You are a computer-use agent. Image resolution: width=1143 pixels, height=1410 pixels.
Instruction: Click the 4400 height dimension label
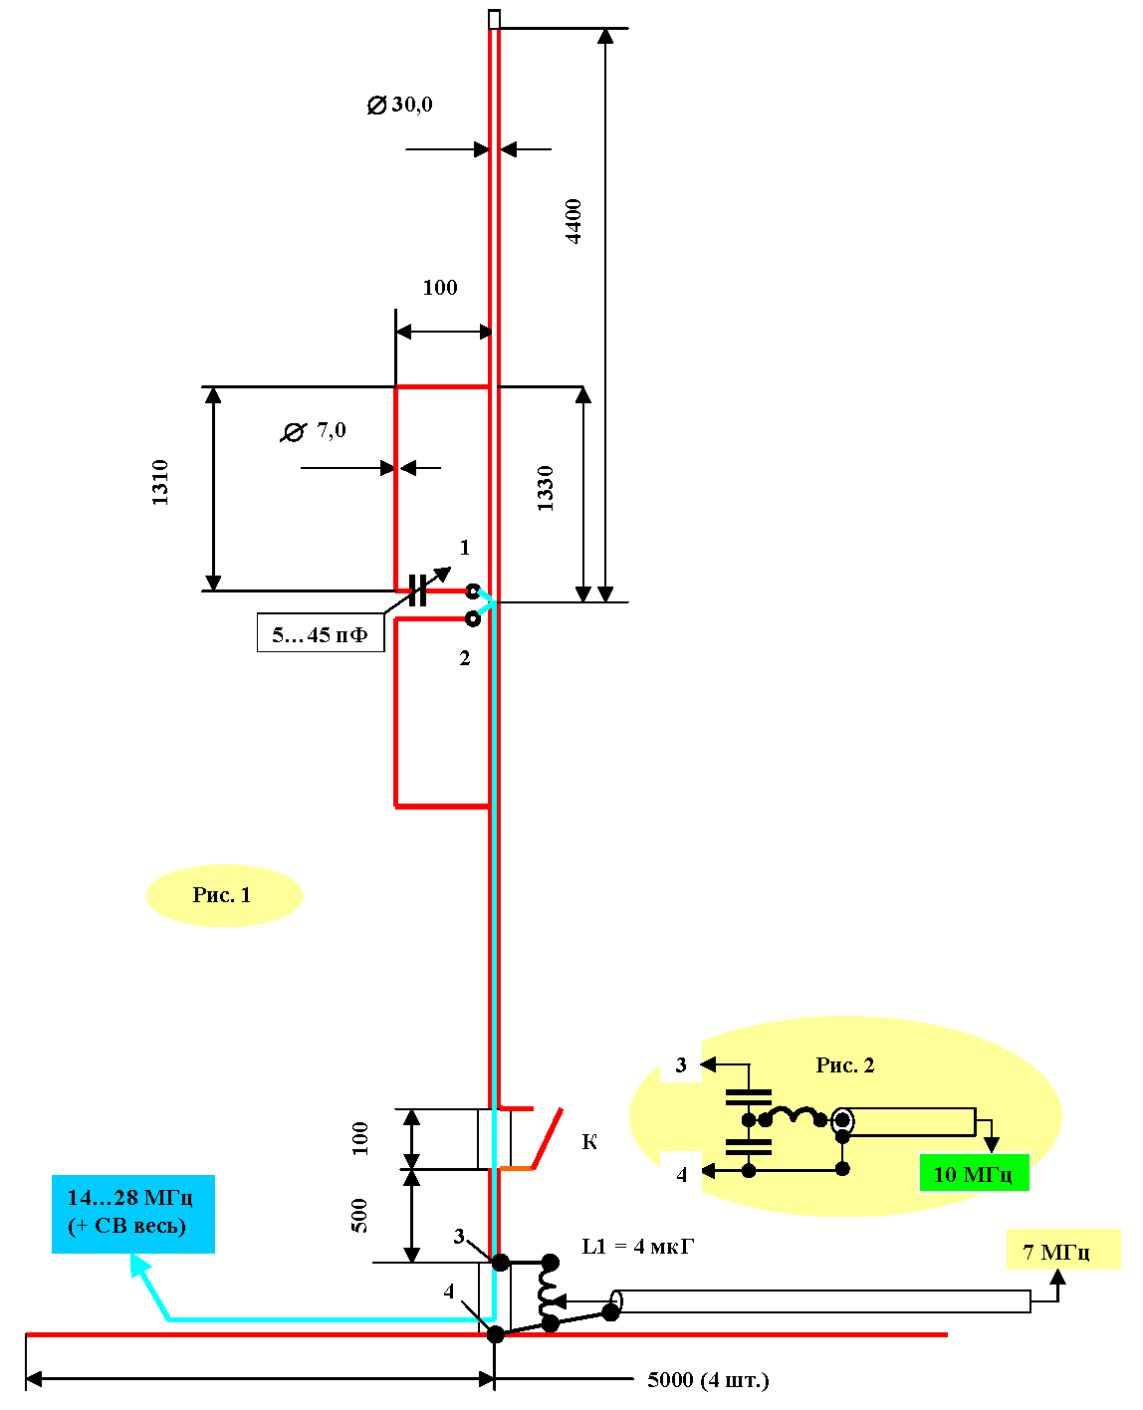(574, 221)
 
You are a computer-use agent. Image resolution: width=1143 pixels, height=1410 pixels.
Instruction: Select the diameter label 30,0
(400, 105)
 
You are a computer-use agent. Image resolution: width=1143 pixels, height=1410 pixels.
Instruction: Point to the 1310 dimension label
(160, 482)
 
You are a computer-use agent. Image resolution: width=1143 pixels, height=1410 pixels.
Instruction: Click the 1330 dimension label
(545, 488)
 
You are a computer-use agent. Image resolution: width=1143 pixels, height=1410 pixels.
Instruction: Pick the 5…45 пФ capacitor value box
(321, 634)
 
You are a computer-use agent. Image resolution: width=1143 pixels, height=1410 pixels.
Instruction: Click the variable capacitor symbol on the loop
(419, 590)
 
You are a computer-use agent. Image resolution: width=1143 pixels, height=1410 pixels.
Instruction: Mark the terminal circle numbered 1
(473, 591)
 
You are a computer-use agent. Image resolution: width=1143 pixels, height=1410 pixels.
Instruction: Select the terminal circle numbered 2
(473, 619)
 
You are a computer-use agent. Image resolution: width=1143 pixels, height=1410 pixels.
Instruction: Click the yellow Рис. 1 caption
(223, 895)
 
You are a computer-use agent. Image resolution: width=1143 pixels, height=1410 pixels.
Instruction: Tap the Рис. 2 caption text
(845, 1065)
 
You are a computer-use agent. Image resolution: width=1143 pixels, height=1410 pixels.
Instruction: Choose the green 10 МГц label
(973, 1174)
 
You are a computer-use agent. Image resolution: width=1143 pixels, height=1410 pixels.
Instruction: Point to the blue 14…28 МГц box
(132, 1212)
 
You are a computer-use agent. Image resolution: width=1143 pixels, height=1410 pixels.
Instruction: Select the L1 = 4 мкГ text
(637, 1247)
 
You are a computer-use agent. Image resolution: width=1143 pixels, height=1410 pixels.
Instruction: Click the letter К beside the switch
(589, 1141)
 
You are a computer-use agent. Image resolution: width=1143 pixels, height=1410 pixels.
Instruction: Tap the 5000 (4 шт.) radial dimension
(708, 1380)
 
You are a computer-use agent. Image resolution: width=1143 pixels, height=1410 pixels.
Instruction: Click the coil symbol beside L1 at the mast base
(549, 1292)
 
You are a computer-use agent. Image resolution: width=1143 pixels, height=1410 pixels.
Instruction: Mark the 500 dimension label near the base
(359, 1216)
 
